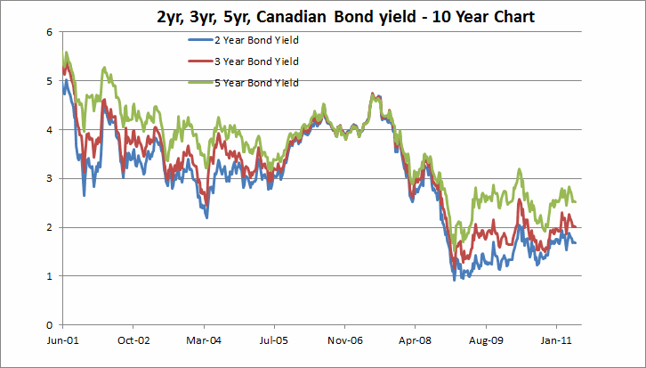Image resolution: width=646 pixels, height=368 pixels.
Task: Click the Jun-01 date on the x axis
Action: point(61,340)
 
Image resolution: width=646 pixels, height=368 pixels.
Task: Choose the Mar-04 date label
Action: point(203,340)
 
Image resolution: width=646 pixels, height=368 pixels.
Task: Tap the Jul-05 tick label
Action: point(273,340)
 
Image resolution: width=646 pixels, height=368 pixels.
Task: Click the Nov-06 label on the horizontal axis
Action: point(343,340)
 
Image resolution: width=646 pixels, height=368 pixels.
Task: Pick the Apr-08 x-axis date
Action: point(415,340)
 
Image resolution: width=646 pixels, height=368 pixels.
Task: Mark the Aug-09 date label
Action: point(485,340)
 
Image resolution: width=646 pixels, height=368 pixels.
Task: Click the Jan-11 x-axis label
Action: point(555,340)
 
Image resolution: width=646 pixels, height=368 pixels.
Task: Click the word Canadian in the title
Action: point(342,17)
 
